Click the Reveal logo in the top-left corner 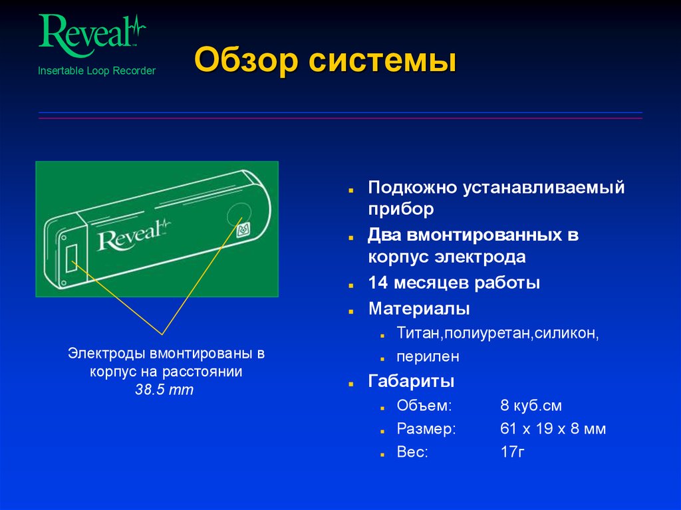[91, 33]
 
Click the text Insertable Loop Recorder [96, 70]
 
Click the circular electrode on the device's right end [234, 215]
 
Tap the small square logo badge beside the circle [243, 230]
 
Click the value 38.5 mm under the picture [164, 390]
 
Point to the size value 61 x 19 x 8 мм [553, 429]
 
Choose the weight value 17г [513, 453]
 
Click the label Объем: [424, 406]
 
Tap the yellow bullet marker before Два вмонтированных [350, 237]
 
